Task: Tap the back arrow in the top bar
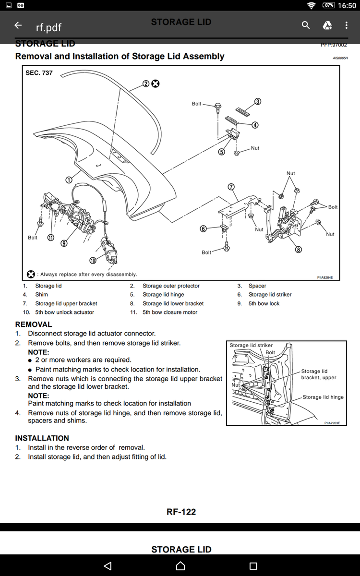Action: (x=18, y=25)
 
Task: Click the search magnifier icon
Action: (x=306, y=25)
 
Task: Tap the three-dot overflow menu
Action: (x=346, y=25)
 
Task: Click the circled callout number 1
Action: (x=69, y=180)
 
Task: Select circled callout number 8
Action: (x=299, y=249)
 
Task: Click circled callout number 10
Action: (x=93, y=261)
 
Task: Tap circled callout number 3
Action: (x=258, y=101)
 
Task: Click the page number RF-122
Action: (x=181, y=512)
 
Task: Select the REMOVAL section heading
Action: (x=34, y=324)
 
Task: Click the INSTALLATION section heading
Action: (x=42, y=438)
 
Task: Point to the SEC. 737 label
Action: (x=39, y=73)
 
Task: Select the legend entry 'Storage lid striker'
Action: (x=270, y=294)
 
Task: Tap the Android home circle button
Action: (x=180, y=566)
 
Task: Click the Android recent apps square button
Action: (x=253, y=566)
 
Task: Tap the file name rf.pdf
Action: (x=48, y=27)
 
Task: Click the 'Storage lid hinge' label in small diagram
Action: (x=323, y=397)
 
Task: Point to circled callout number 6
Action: (x=204, y=229)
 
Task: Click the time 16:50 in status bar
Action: (x=347, y=6)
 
